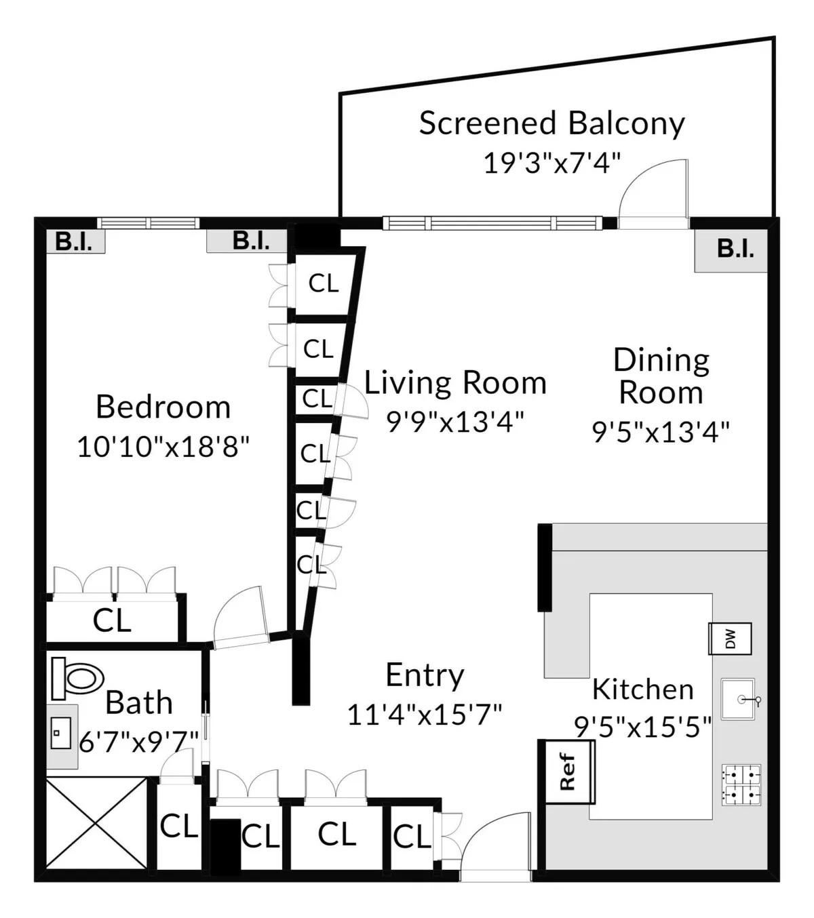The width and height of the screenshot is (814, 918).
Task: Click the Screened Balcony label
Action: [551, 123]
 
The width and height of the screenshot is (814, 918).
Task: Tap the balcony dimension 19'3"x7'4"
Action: [551, 163]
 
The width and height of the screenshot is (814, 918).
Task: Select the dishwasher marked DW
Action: [730, 639]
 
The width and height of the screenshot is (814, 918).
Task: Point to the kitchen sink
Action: [739, 699]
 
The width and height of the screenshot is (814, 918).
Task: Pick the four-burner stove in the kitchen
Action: [741, 784]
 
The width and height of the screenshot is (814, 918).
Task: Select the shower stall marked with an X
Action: [96, 823]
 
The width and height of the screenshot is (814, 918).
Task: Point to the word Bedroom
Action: [163, 407]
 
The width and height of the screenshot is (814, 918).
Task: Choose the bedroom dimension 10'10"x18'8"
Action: [163, 447]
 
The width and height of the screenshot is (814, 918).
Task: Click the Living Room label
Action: [455, 382]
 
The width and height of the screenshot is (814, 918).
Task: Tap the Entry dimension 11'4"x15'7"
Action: [425, 715]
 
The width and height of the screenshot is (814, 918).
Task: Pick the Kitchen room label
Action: [642, 690]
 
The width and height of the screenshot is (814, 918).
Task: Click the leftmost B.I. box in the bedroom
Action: [75, 242]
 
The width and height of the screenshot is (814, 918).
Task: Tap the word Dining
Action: [661, 360]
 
